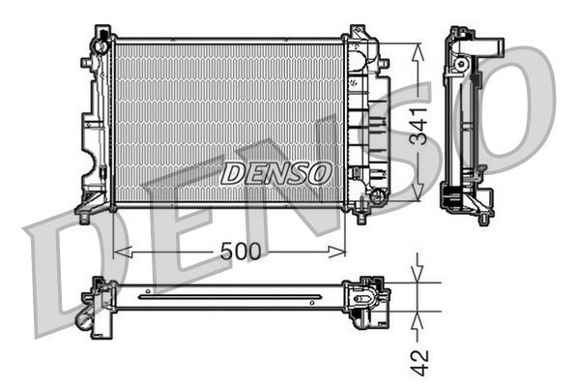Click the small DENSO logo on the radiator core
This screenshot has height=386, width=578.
[x=276, y=173]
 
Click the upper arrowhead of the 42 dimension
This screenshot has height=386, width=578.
[x=417, y=275]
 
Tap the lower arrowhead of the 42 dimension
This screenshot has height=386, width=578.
[x=417, y=317]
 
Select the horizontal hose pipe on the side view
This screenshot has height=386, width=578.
[x=488, y=46]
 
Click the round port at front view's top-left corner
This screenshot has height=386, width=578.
[x=100, y=45]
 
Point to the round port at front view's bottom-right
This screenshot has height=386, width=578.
[x=376, y=197]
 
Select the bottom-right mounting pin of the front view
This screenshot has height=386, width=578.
[x=360, y=218]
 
